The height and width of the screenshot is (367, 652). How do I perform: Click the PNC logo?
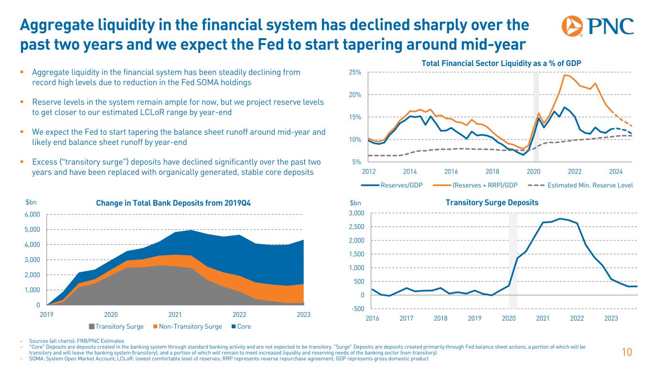click(x=598, y=26)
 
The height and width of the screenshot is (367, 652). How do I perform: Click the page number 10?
click(x=627, y=353)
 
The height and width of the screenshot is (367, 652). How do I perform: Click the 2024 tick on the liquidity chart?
click(x=616, y=171)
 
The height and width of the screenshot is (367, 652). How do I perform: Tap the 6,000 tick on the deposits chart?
click(x=33, y=215)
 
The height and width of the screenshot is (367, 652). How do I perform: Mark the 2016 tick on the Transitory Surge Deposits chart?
click(x=372, y=318)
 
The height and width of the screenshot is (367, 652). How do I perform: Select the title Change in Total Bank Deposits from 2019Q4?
click(x=173, y=203)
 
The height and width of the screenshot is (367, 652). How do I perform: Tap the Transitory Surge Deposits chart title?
click(x=492, y=203)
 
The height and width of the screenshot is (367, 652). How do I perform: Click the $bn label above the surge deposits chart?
click(x=356, y=203)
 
